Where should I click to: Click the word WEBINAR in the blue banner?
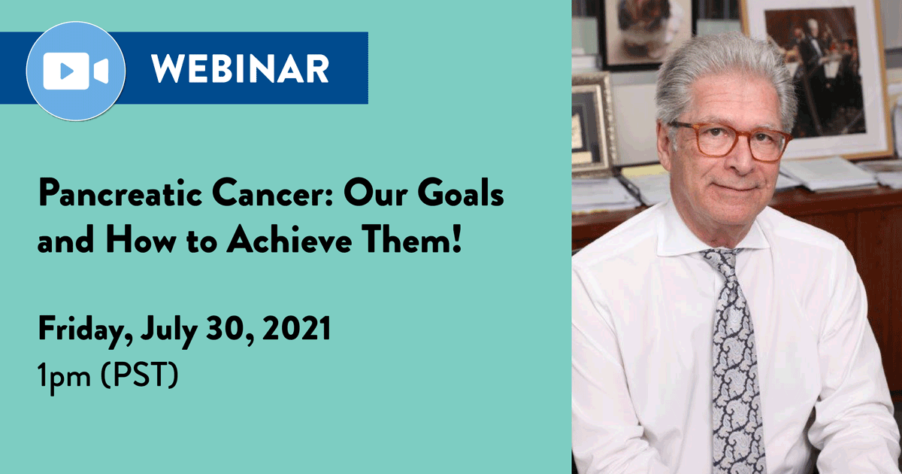(240, 68)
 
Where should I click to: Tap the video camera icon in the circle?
(76, 71)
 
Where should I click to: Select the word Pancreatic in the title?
(120, 193)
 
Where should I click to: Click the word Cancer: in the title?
(273, 193)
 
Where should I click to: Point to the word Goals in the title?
(461, 193)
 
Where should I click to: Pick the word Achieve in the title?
(289, 239)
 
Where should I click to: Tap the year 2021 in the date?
(296, 328)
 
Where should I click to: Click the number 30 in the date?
(227, 329)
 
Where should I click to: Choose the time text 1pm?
(64, 377)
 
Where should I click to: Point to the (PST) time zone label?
(139, 375)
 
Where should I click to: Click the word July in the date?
(168, 331)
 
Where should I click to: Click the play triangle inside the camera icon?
(66, 71)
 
